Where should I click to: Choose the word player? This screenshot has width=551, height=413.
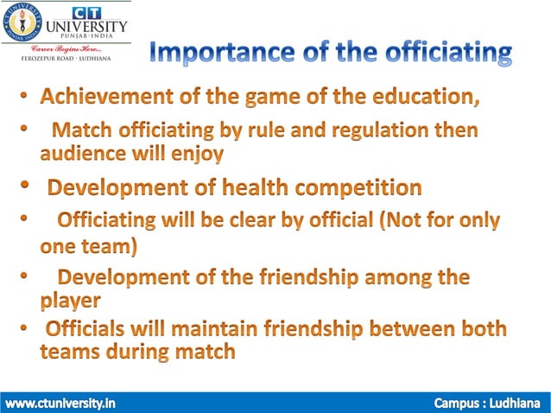coord(70,302)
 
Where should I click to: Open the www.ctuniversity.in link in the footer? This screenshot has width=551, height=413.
coord(60,403)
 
